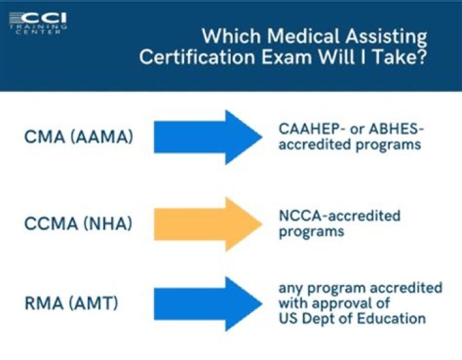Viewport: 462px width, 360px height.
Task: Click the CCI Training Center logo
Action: (x=38, y=24)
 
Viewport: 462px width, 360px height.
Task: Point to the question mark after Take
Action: (x=422, y=56)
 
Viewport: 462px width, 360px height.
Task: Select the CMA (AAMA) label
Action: (x=79, y=137)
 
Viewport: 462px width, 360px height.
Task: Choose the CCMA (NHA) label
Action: (x=78, y=223)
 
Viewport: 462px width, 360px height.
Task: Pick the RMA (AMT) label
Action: (x=71, y=304)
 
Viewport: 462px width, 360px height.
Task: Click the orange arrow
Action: (x=208, y=224)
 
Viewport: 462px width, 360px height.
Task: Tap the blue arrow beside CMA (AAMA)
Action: (x=208, y=137)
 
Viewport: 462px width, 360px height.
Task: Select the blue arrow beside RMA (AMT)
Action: (x=208, y=304)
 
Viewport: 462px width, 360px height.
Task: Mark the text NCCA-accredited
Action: (x=339, y=216)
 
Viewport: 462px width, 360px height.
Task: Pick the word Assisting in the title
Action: (x=386, y=37)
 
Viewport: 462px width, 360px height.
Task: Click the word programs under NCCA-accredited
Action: (x=311, y=232)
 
